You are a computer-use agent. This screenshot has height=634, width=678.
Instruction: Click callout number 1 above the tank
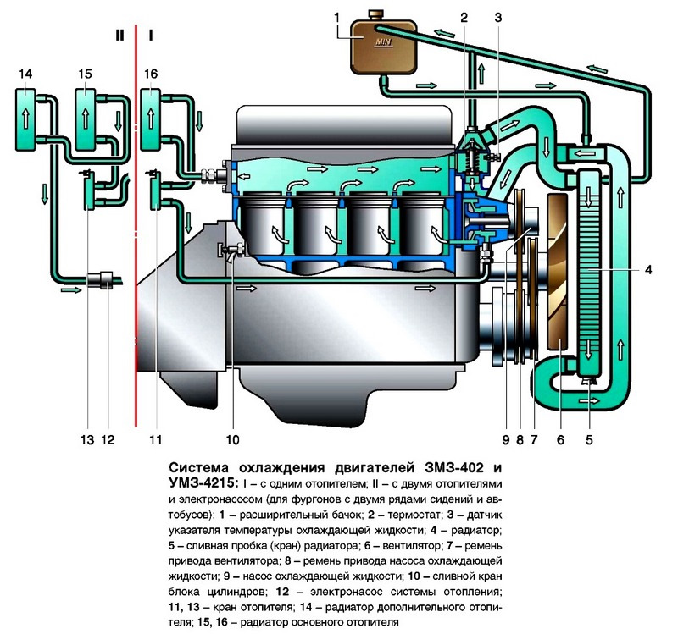336,17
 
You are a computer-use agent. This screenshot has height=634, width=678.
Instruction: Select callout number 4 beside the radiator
647,271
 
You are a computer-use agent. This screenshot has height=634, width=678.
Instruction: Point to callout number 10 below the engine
233,439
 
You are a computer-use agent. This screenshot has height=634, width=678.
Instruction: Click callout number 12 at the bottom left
108,439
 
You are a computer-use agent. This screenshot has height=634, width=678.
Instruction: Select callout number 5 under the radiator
588,438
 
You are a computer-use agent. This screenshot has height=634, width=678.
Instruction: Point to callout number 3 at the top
499,17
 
